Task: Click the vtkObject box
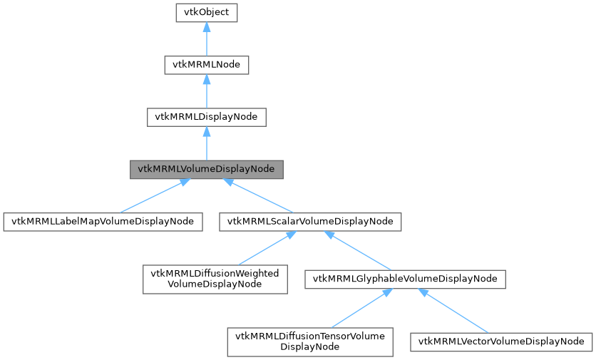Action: coord(206,13)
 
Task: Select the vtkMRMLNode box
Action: coord(206,65)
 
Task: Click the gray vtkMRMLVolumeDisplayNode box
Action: coord(206,170)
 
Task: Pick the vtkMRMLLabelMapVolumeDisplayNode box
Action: coord(103,222)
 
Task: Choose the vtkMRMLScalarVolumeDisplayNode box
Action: coord(310,222)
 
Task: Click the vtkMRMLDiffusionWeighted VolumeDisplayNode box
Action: coord(215,279)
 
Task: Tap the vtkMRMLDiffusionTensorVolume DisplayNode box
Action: coord(310,341)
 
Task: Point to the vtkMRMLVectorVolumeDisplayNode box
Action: coord(501,341)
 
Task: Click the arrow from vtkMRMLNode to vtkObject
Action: coord(206,41)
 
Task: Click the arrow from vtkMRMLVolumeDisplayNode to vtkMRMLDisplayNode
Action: coord(206,145)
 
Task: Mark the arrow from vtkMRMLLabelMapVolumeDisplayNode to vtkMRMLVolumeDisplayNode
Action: coord(152,197)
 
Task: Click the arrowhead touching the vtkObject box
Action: coord(206,26)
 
